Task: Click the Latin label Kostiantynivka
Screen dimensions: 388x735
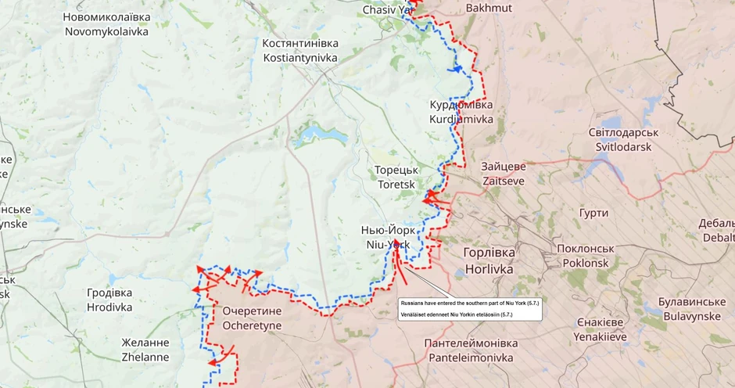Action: click(x=300, y=59)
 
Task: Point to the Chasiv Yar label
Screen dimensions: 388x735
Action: click(x=387, y=10)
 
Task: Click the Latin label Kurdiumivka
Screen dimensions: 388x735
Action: click(x=461, y=120)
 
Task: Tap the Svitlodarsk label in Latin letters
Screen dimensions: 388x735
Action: click(x=623, y=147)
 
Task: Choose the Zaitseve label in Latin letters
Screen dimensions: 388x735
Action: click(x=504, y=181)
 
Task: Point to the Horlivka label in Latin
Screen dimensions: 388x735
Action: click(x=489, y=269)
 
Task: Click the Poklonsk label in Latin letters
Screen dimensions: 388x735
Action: click(x=585, y=263)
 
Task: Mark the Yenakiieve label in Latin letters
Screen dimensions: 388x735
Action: click(x=601, y=337)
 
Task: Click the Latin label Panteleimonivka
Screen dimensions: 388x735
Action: click(x=471, y=357)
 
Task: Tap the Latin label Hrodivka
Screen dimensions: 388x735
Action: click(x=109, y=307)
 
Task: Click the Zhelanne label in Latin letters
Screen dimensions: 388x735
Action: click(x=145, y=357)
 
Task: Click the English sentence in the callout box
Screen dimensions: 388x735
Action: click(x=469, y=302)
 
